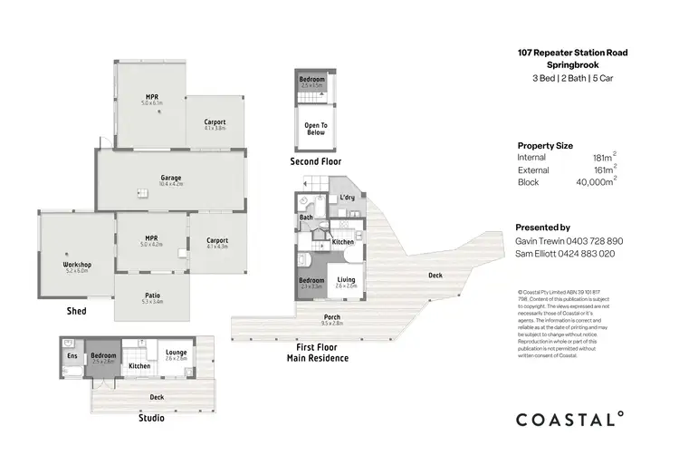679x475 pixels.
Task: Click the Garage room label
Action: coord(171,178)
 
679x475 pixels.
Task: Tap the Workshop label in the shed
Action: coord(77,265)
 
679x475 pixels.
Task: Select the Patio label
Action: coord(152,295)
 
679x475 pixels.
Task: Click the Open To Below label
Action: coord(315,128)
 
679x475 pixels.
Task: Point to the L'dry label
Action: coord(346,199)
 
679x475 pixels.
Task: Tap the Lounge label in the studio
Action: coord(176,353)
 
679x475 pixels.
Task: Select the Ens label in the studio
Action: coord(72,355)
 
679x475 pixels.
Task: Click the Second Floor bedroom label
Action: coord(312,80)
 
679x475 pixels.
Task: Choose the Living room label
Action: coord(346,280)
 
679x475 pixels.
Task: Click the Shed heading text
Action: coord(77,310)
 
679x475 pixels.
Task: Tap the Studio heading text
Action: coord(151,419)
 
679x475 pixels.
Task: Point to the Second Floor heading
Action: coord(315,161)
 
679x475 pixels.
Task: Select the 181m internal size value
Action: coord(600,158)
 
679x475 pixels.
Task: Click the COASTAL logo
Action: coord(569,419)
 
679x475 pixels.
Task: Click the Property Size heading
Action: coord(545,145)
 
